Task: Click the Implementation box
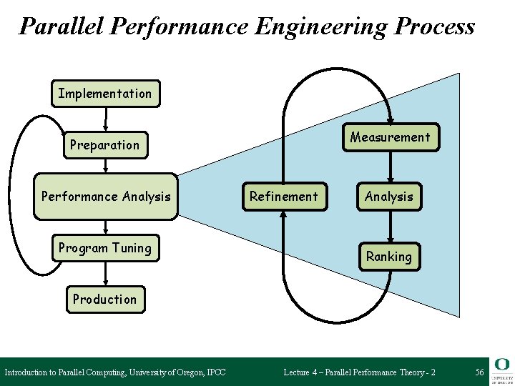click(105, 94)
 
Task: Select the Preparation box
click(105, 145)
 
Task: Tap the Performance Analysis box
click(106, 196)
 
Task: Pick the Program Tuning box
click(105, 248)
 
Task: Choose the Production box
click(104, 300)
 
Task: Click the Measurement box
click(390, 137)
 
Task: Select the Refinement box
click(284, 196)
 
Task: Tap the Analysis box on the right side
click(389, 196)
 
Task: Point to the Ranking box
click(389, 256)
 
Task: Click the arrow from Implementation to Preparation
click(106, 119)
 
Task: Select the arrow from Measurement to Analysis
click(390, 167)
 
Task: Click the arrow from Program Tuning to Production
click(106, 274)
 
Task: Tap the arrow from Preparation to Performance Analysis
click(106, 166)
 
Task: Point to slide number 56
click(479, 372)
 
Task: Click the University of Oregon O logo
click(501, 365)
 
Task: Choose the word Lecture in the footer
click(298, 372)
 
